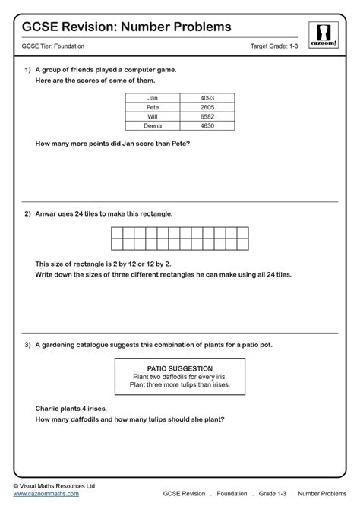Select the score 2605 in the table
pos(208,107)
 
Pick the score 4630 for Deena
pos(208,125)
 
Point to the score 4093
pos(208,98)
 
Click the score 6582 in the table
pos(208,116)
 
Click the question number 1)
pos(27,69)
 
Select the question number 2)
pos(27,213)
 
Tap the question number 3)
pos(27,344)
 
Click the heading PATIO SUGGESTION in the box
pos(179,368)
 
